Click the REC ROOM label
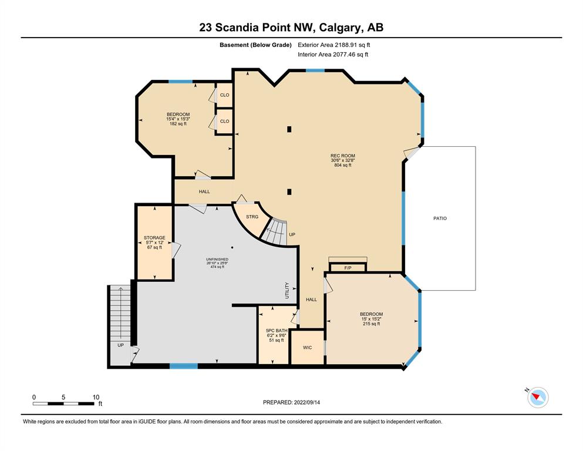[x=343, y=156]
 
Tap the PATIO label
[x=440, y=218]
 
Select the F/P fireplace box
[x=348, y=267]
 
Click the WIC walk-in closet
[x=308, y=347]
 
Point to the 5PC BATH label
[x=277, y=331]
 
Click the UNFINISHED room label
[x=217, y=259]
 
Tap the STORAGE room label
[x=154, y=238]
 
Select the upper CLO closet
[x=225, y=95]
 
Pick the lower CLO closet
[x=225, y=121]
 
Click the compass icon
[x=538, y=397]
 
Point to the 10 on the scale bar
[x=96, y=397]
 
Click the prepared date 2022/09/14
[x=306, y=402]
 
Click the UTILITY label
[x=287, y=290]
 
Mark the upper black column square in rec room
[x=289, y=129]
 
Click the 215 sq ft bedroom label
[x=372, y=324]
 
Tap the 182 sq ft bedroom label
[x=178, y=124]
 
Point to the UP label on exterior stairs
[x=120, y=345]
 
